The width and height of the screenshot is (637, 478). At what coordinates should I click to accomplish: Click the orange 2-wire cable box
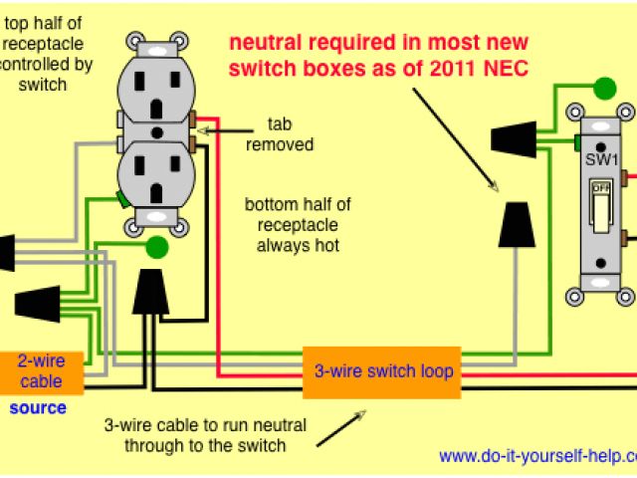click(x=41, y=371)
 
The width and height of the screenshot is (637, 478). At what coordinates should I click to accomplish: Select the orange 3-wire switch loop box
click(x=383, y=371)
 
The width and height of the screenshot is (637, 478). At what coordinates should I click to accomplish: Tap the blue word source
click(x=38, y=408)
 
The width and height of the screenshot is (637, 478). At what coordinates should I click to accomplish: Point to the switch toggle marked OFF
click(x=601, y=203)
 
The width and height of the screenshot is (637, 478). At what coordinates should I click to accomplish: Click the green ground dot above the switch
click(x=602, y=89)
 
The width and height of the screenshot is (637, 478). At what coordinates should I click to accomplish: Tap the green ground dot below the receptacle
click(x=156, y=247)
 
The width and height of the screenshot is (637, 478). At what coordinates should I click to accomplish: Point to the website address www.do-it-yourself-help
click(x=537, y=456)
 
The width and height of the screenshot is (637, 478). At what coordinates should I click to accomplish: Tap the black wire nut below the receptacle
click(x=149, y=290)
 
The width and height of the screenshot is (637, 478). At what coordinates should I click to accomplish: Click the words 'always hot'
click(x=298, y=244)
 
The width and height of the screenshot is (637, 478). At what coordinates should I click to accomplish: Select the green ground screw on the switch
click(x=578, y=142)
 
